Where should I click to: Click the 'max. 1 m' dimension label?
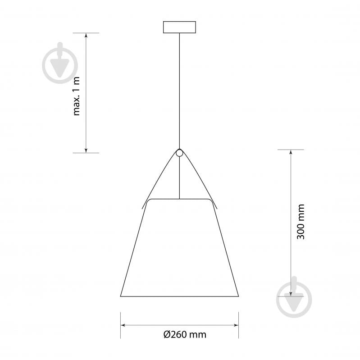pos(76,96)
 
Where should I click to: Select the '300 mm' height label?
pos(301,222)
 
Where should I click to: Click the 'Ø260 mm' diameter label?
pos(185,334)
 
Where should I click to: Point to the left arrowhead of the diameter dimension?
pos(123,325)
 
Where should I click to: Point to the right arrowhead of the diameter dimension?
pos(236,325)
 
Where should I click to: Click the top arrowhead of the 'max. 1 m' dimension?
pos(86,35)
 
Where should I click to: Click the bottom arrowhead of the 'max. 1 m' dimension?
pos(86,150)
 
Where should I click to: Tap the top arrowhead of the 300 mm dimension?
pos(291,152)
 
